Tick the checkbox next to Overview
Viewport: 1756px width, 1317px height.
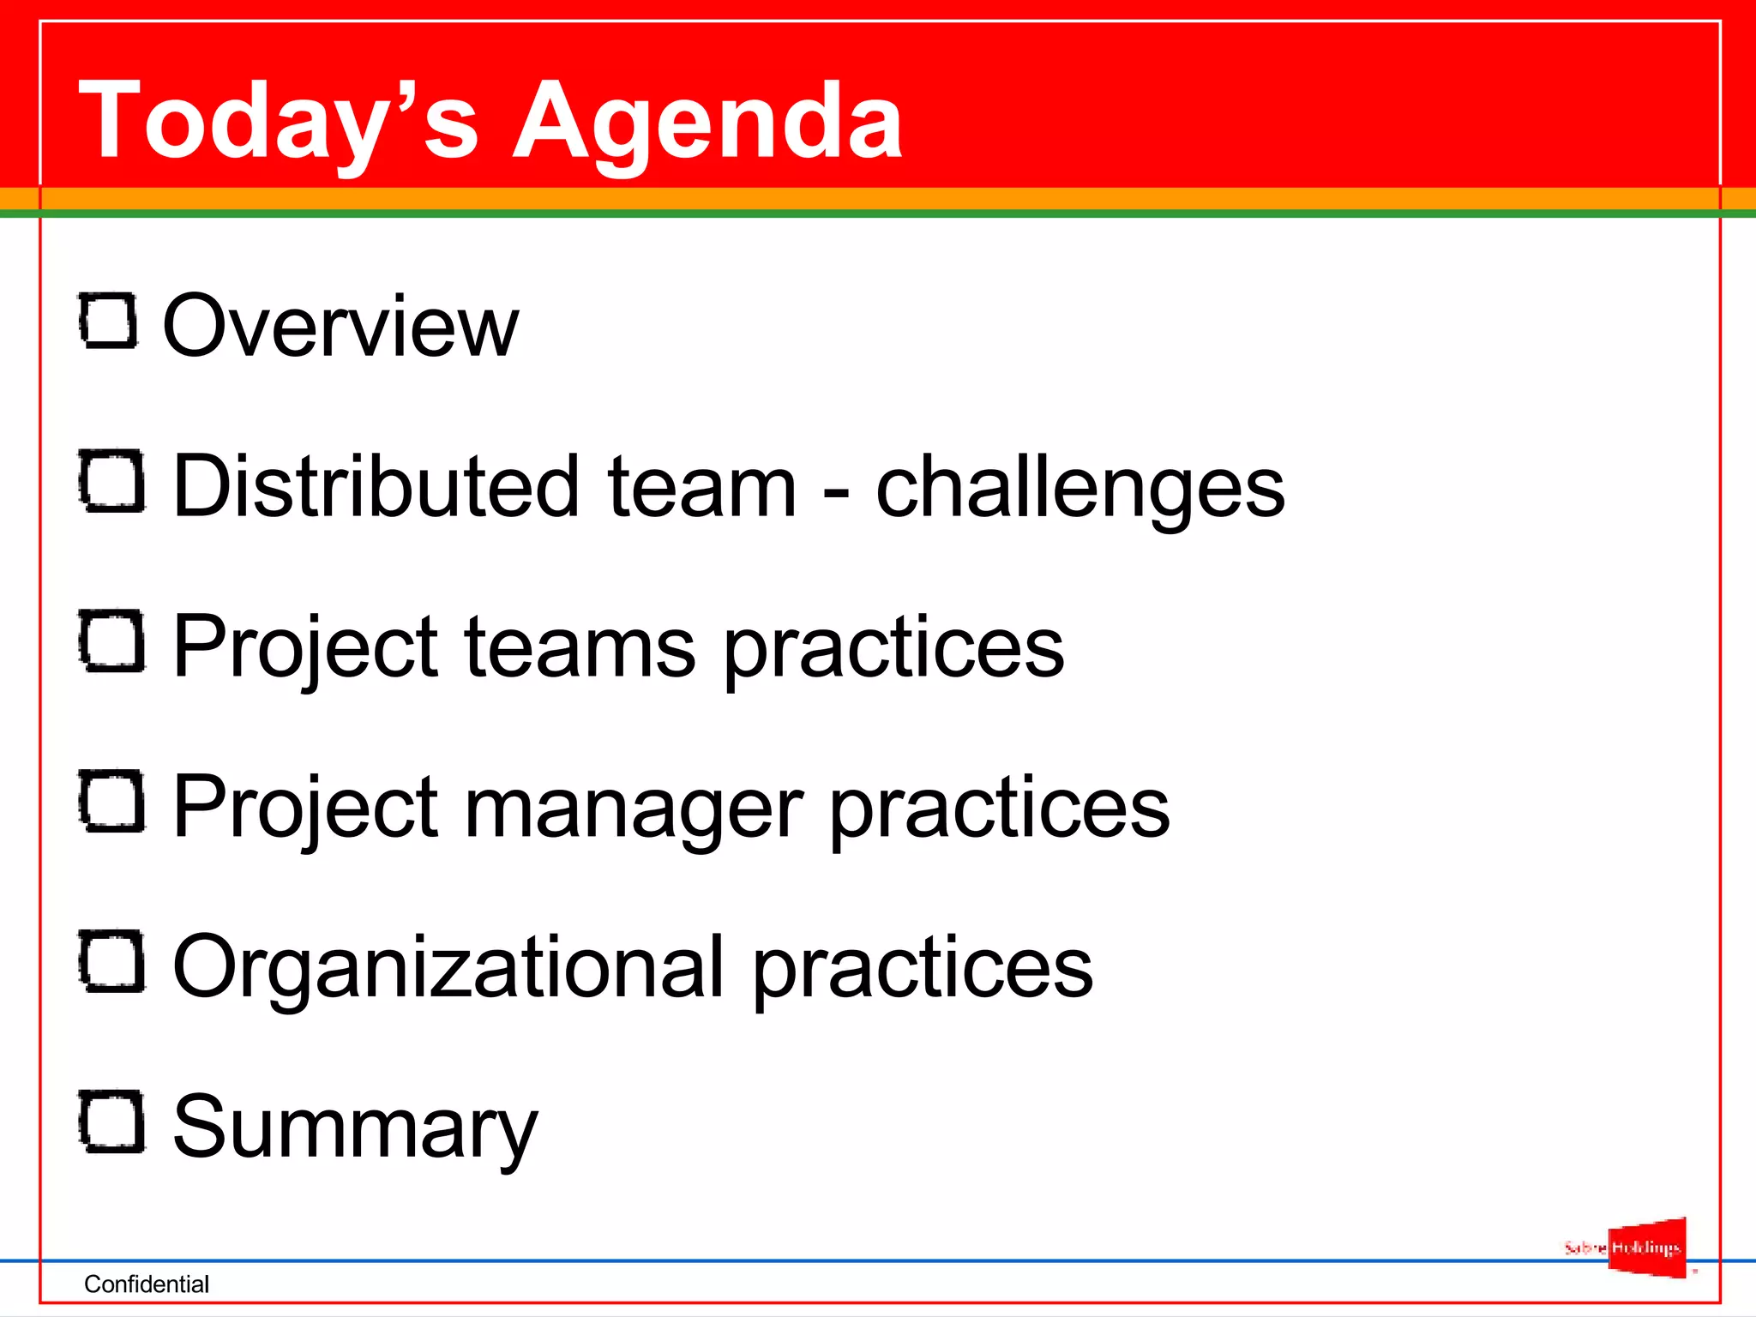click(x=109, y=322)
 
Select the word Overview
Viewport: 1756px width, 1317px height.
click(x=340, y=326)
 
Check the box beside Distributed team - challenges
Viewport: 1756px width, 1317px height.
click(x=112, y=482)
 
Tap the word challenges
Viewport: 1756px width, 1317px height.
click(x=1079, y=487)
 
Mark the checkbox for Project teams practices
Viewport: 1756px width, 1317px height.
click(x=112, y=641)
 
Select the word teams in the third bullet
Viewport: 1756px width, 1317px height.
click(x=580, y=647)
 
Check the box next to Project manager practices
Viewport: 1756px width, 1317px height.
click(x=112, y=802)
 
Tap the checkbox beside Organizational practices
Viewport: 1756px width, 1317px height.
click(x=112, y=962)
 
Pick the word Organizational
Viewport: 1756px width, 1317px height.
click(x=448, y=967)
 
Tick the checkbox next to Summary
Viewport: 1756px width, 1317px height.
click(x=112, y=1122)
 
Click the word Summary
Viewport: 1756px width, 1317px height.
click(x=355, y=1128)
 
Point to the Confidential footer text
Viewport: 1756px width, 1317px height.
click(x=147, y=1284)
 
